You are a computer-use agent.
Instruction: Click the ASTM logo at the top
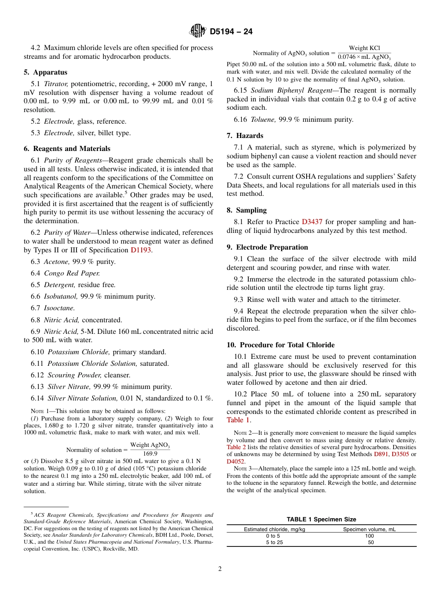coord(198,31)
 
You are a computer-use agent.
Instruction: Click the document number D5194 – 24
coord(231,31)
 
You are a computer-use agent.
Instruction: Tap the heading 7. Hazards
coord(245,136)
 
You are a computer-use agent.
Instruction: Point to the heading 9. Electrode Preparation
coord(267,247)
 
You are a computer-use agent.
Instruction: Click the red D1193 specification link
coord(141,250)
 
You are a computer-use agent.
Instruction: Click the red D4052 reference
coord(235,461)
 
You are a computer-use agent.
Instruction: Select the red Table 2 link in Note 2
coord(236,447)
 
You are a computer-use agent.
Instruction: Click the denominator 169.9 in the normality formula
coord(150,454)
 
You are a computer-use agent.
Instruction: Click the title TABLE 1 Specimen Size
coord(321,519)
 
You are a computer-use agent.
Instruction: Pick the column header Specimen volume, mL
coord(369,529)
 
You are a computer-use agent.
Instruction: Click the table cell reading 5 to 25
coord(274,542)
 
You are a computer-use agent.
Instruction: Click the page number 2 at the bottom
coord(220,569)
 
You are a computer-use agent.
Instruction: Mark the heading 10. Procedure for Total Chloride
coord(281,345)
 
